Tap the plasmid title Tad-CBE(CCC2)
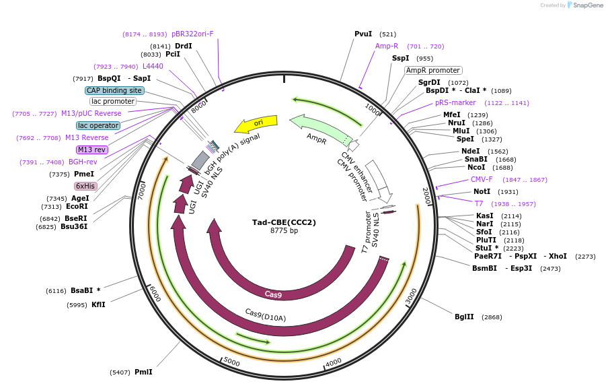click(284, 222)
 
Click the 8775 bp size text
click(284, 231)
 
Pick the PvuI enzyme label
click(363, 34)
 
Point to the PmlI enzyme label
click(143, 372)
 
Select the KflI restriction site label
click(98, 304)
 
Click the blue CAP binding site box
click(114, 90)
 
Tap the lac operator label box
click(98, 125)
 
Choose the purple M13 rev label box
click(92, 150)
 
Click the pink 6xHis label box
click(85, 186)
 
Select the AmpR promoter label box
click(433, 70)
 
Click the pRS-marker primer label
click(455, 103)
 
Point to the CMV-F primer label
click(482, 179)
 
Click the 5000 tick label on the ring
click(231, 362)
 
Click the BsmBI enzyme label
click(484, 268)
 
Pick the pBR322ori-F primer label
click(192, 34)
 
